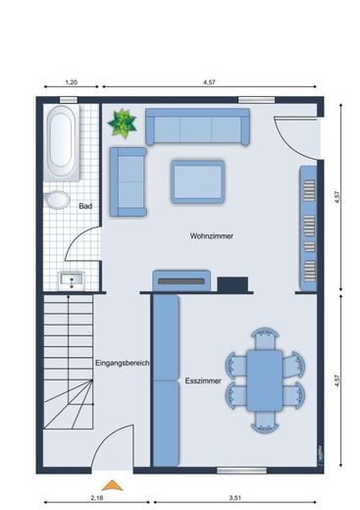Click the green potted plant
(x=122, y=124)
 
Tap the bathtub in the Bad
(x=61, y=142)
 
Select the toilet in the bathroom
(x=57, y=200)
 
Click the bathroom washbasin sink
(x=72, y=280)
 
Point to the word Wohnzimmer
(x=212, y=235)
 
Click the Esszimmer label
(x=203, y=381)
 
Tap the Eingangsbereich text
(x=123, y=363)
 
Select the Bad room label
(x=85, y=206)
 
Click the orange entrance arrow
(x=112, y=485)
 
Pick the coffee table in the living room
(x=198, y=181)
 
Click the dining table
(x=265, y=381)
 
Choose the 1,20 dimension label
(x=72, y=82)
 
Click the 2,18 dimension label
(x=97, y=498)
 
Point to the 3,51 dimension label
(x=234, y=498)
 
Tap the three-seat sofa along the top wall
(x=197, y=127)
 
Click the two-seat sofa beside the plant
(x=129, y=181)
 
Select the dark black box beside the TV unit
(x=232, y=284)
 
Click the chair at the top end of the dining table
(x=265, y=338)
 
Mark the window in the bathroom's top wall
(x=69, y=100)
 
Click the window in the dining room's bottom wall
(x=241, y=471)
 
